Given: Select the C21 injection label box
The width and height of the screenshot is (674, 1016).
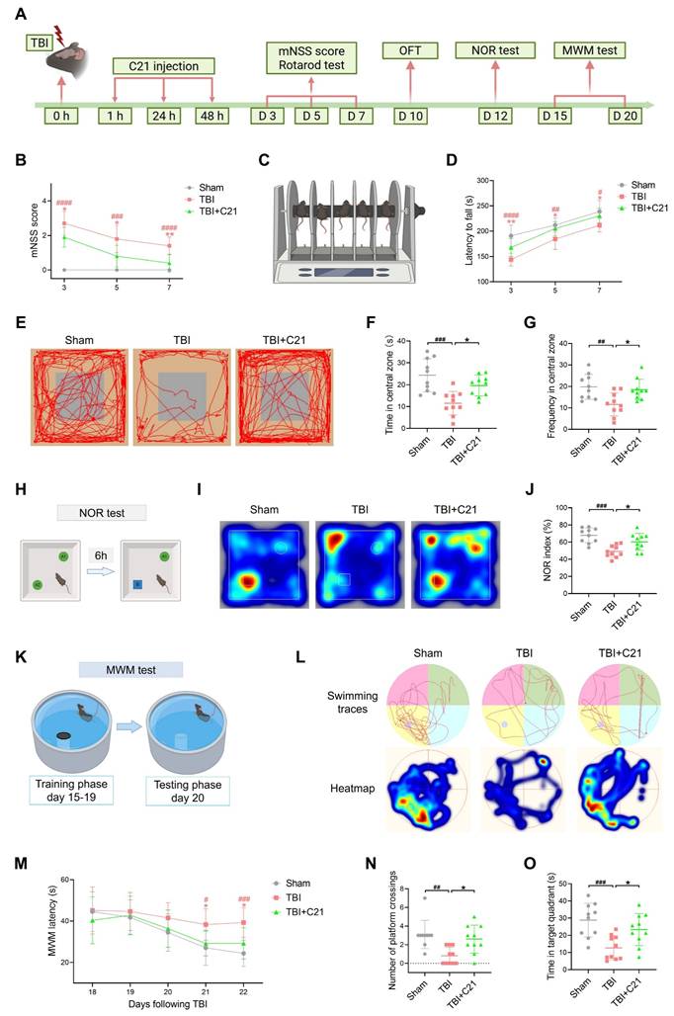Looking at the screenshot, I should pos(162,67).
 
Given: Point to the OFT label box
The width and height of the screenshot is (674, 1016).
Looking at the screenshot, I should pos(409,49).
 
